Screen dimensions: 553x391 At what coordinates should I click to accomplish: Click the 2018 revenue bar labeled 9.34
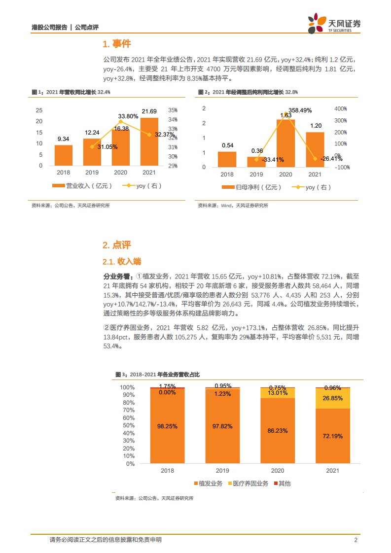point(63,155)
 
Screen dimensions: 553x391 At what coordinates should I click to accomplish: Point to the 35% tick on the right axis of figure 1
point(173,110)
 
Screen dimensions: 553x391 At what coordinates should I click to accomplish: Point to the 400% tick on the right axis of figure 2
point(341,108)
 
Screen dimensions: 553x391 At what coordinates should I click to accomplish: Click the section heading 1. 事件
point(117,44)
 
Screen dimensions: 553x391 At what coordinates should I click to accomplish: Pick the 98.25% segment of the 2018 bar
point(168,426)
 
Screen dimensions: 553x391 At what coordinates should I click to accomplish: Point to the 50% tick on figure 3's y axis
point(128,425)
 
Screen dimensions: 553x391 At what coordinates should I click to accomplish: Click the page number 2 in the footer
point(355,540)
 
